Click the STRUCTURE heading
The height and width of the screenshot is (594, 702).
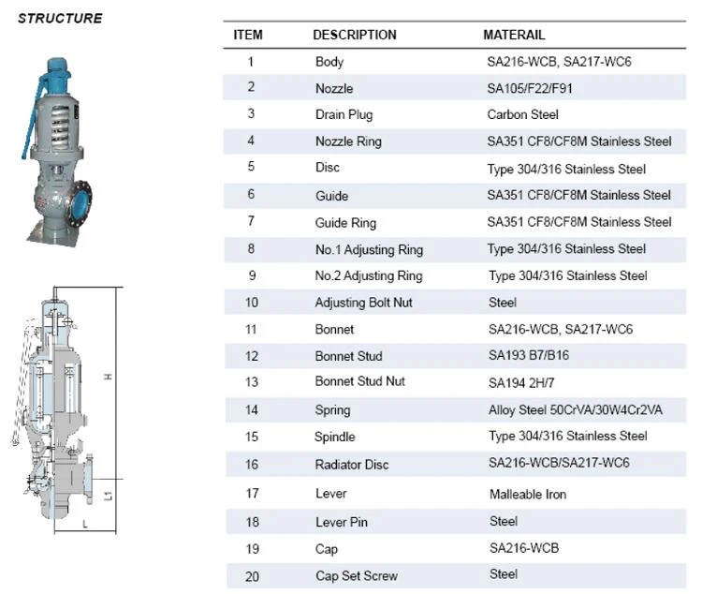tap(60, 18)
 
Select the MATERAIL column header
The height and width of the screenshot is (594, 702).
tap(514, 35)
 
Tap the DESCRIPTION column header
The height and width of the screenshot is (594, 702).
tap(355, 35)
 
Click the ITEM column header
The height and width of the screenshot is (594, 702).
tap(248, 35)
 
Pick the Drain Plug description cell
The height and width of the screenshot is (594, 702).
tap(344, 114)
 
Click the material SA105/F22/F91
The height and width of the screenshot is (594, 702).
tap(530, 88)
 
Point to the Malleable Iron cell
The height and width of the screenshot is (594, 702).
tap(528, 494)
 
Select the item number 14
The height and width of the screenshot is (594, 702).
tap(252, 409)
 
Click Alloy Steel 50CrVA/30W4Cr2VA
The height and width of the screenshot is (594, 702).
tap(576, 409)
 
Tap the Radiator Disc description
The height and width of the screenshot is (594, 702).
tap(351, 465)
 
